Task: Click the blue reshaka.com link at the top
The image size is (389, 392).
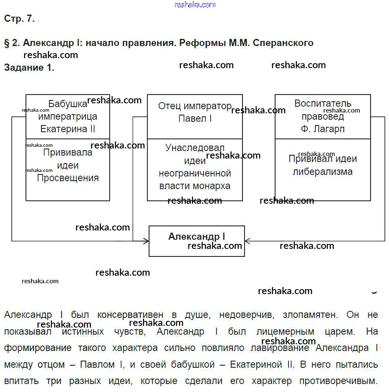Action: pos(195,5)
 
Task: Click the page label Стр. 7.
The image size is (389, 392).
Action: pos(19,19)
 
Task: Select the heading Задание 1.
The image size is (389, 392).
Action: pos(29,68)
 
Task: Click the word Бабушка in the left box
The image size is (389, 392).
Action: pos(67,104)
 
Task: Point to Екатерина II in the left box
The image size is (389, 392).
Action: pos(68,129)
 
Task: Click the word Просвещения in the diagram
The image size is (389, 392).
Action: pos(68,178)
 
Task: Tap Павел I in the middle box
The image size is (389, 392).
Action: pos(195,118)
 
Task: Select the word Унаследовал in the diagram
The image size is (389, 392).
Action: pos(195,148)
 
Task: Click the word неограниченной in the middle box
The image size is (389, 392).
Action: pos(195,173)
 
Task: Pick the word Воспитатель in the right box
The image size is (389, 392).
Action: pos(322,103)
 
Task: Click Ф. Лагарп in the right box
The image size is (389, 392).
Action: pos(322,129)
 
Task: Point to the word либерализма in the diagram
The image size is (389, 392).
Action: pos(322,172)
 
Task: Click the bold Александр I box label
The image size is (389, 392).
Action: pos(196,236)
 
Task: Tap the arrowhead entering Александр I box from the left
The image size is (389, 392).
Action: pos(147,241)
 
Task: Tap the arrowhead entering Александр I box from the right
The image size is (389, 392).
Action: pos(247,241)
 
